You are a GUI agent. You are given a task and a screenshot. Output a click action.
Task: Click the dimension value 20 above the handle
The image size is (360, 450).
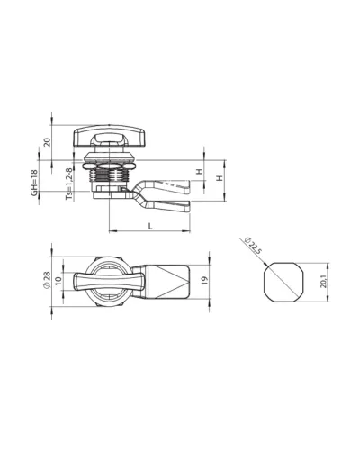pos(47,142)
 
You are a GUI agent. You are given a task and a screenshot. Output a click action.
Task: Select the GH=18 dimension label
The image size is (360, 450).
pos(34,183)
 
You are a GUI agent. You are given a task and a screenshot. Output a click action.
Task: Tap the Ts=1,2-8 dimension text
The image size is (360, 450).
pos(69,184)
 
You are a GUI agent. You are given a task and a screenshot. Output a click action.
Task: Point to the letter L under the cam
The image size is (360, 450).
pos(150,226)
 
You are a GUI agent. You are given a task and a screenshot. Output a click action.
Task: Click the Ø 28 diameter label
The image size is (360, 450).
pos(47,280)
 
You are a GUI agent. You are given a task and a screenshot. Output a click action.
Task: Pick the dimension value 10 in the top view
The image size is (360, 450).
pos(58,280)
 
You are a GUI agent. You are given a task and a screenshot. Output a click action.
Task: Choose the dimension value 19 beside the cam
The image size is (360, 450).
pos(204,280)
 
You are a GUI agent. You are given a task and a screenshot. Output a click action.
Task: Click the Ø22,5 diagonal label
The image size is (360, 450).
pos(253,246)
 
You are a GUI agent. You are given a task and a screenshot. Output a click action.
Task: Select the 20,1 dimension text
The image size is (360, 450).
pos(323,282)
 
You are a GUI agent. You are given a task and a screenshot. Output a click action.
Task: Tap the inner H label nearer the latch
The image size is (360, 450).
pos(200,172)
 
